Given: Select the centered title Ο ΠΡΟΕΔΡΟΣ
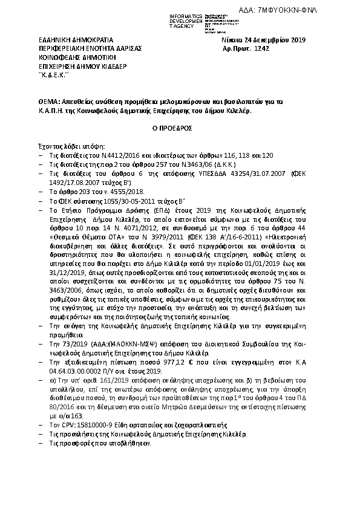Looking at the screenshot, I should coord(180,129).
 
